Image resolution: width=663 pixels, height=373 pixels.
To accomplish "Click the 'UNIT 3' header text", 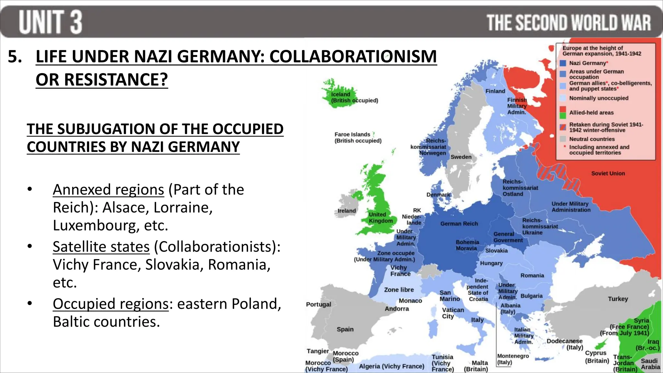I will (51, 22).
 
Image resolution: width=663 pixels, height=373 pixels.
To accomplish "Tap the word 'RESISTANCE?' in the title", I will (102, 80).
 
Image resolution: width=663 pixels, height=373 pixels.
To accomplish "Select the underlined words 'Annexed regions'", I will (108, 190).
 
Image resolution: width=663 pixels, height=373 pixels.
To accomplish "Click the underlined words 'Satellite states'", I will (101, 247).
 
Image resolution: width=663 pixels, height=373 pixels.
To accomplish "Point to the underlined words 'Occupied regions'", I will (111, 304).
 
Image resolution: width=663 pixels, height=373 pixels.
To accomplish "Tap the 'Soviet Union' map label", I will (608, 174).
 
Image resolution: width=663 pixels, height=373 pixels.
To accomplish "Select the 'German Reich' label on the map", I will (459, 224).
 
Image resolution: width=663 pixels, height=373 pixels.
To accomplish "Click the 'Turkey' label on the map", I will (618, 299).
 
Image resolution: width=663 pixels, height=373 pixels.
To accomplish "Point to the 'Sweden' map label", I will (461, 157).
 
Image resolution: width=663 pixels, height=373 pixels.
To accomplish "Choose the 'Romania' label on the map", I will (532, 276).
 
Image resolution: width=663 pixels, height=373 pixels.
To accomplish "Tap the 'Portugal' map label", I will (319, 304).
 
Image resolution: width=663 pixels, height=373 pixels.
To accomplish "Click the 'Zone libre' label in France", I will (399, 290).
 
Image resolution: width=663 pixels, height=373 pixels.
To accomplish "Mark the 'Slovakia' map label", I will (497, 251).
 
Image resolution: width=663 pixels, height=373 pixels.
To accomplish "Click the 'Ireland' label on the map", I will (347, 211).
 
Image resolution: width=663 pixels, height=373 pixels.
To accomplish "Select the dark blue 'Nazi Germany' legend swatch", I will (563, 63).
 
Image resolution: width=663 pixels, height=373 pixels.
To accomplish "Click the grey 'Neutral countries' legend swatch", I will (563, 139).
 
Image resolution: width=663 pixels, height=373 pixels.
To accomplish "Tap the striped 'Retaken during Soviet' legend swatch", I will (563, 127).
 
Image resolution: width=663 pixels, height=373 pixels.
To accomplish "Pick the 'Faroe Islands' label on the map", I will (352, 134).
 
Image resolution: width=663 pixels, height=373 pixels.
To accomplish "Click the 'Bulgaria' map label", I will (532, 296).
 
